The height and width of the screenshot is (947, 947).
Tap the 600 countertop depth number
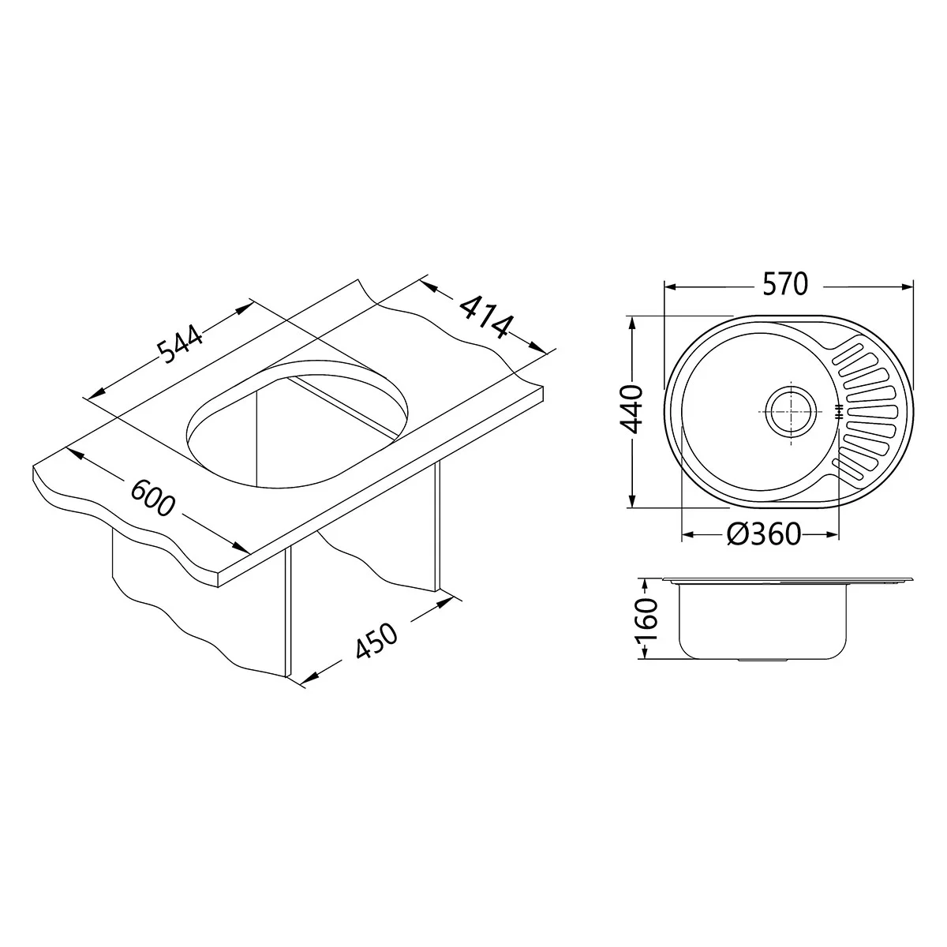(153, 498)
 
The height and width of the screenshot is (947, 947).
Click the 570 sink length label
(784, 285)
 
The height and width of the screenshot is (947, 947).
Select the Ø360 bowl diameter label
(764, 534)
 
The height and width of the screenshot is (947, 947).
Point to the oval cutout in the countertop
(298, 424)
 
